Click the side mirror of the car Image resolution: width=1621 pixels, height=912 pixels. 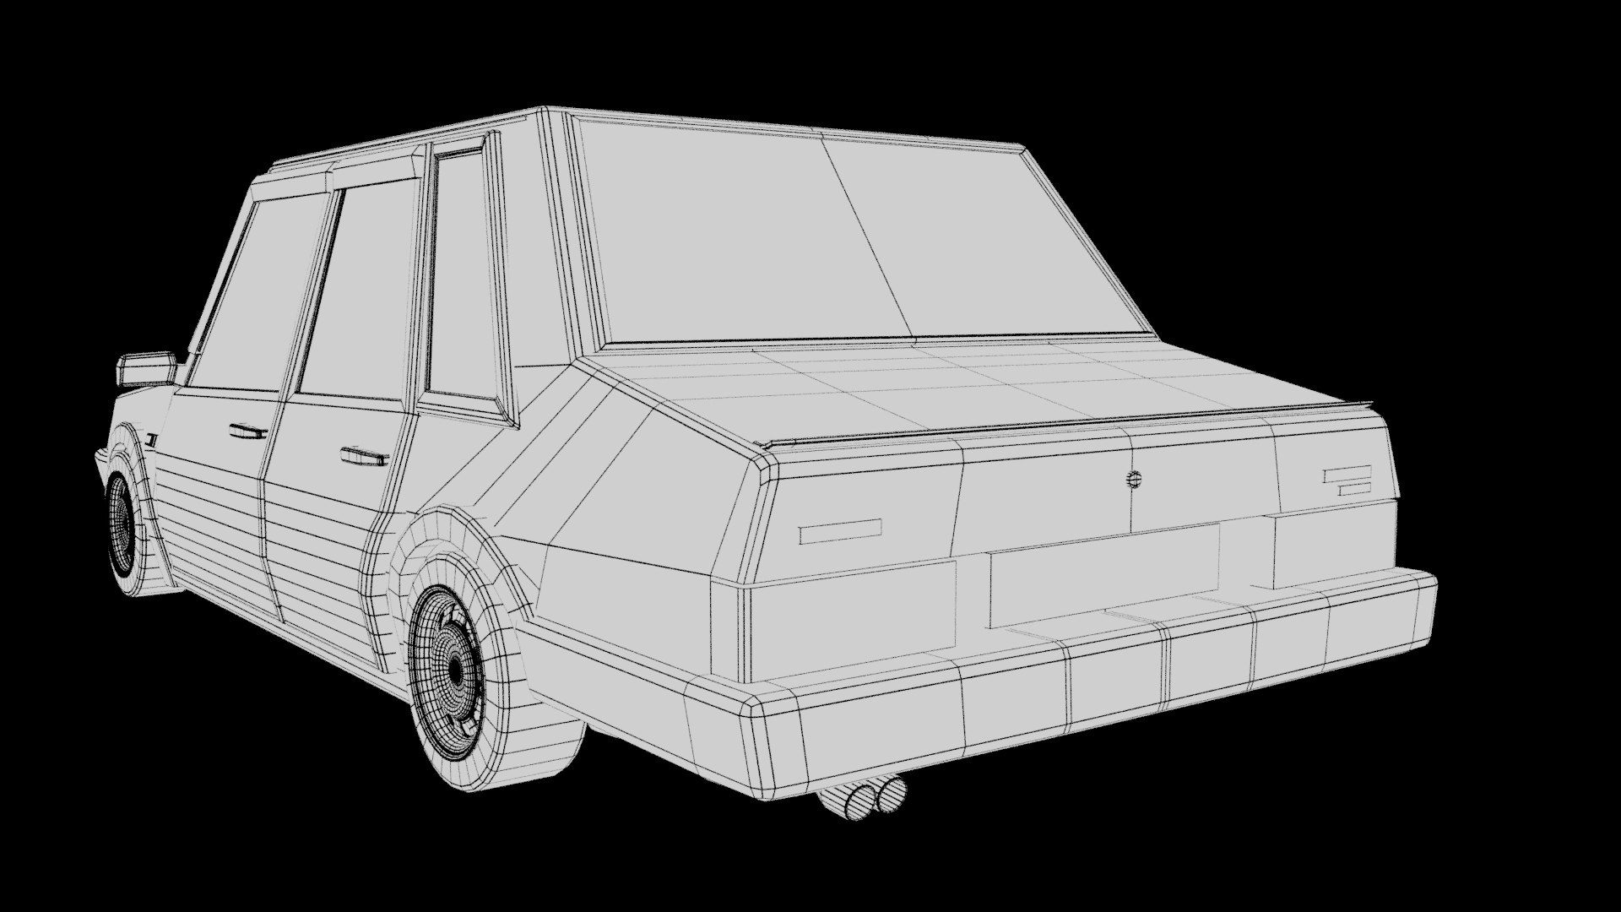tap(146, 369)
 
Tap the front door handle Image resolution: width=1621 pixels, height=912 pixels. tap(248, 432)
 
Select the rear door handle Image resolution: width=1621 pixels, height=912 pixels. tap(364, 457)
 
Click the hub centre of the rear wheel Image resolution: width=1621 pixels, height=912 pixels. tap(456, 669)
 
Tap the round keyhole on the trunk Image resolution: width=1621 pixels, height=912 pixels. tap(1132, 480)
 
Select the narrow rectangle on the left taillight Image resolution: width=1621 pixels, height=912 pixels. tap(840, 531)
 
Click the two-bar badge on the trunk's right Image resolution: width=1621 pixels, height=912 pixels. tap(1347, 480)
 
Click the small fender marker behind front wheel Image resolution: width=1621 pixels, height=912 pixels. tap(151, 439)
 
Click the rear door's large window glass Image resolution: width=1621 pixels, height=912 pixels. tap(363, 296)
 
